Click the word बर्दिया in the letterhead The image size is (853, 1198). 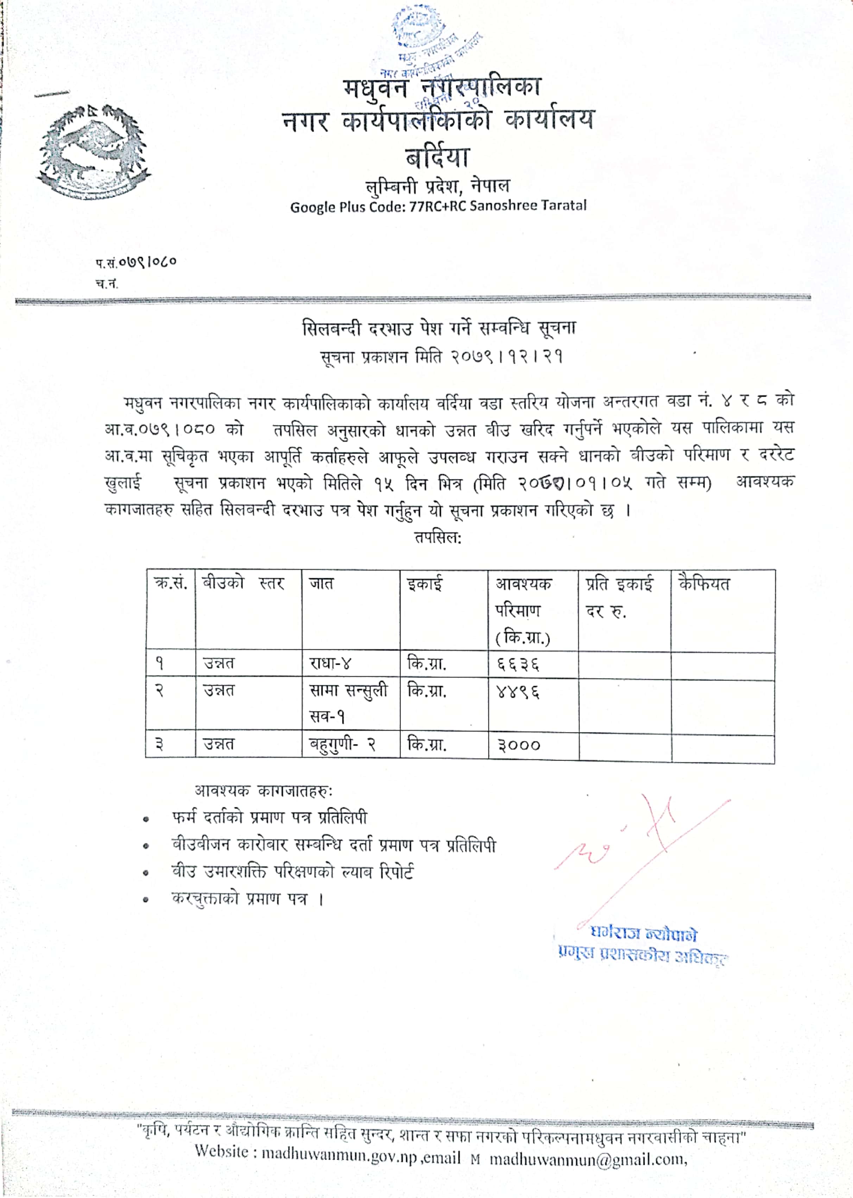pyautogui.click(x=437, y=157)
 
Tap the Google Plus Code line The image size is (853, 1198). pyautogui.click(x=438, y=206)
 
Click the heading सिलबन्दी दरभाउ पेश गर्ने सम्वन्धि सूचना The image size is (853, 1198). pyautogui.click(x=438, y=328)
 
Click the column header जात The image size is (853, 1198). pyautogui.click(x=321, y=584)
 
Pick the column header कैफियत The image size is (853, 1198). pyautogui.click(x=704, y=584)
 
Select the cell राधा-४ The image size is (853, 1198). pyautogui.click(x=330, y=664)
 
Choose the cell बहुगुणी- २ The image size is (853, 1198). pyautogui.click(x=342, y=744)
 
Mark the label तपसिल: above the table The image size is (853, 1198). pyautogui.click(x=437, y=538)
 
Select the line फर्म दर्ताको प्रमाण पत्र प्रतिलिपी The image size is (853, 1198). pyautogui.click(x=270, y=818)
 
